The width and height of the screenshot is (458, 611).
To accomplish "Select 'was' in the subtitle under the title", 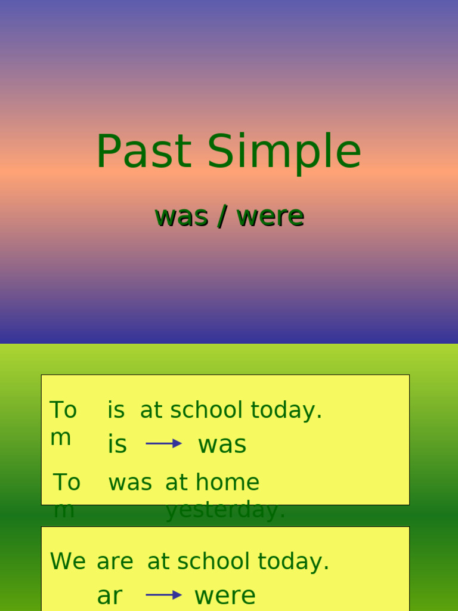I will pyautogui.click(x=182, y=216).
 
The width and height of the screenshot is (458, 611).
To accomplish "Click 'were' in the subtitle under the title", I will pyautogui.click(x=270, y=216).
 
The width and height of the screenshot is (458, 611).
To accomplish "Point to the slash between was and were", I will pyautogui.click(x=222, y=217).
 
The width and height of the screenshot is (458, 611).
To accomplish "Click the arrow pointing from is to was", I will pyautogui.click(x=163, y=443).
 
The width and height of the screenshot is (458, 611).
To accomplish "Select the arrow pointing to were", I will pyautogui.click(x=163, y=595).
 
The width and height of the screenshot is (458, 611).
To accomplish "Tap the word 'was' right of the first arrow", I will pyautogui.click(x=222, y=445).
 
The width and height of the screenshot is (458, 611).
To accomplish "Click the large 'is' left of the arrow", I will pyautogui.click(x=117, y=445).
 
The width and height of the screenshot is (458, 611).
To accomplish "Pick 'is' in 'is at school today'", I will pyautogui.click(x=116, y=411).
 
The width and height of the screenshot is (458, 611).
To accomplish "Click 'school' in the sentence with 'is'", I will pyautogui.click(x=206, y=411).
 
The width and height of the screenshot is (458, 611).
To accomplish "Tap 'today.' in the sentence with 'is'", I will pyautogui.click(x=286, y=411).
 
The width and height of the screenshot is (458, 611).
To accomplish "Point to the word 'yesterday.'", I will pyautogui.click(x=225, y=511).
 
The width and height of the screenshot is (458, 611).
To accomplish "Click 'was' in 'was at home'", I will pyautogui.click(x=130, y=483).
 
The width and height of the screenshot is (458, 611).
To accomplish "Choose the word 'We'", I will pyautogui.click(x=68, y=561).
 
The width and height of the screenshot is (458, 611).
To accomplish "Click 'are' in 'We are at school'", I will pyautogui.click(x=115, y=562).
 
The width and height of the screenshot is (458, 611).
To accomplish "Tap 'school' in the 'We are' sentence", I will pyautogui.click(x=213, y=561).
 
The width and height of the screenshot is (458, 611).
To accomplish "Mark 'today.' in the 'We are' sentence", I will pyautogui.click(x=293, y=561).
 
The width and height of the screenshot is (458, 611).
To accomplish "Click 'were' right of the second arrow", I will pyautogui.click(x=225, y=595).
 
